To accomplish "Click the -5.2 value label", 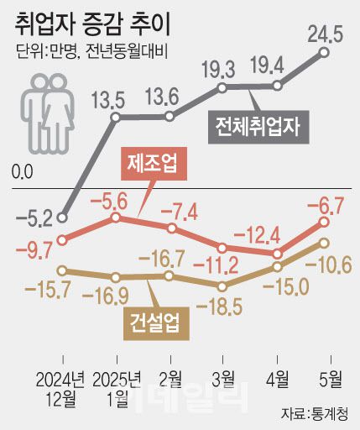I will tap(34, 220).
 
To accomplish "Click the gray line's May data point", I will tap(325, 52).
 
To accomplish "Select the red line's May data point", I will tap(324, 223).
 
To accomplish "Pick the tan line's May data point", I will tap(324, 242).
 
